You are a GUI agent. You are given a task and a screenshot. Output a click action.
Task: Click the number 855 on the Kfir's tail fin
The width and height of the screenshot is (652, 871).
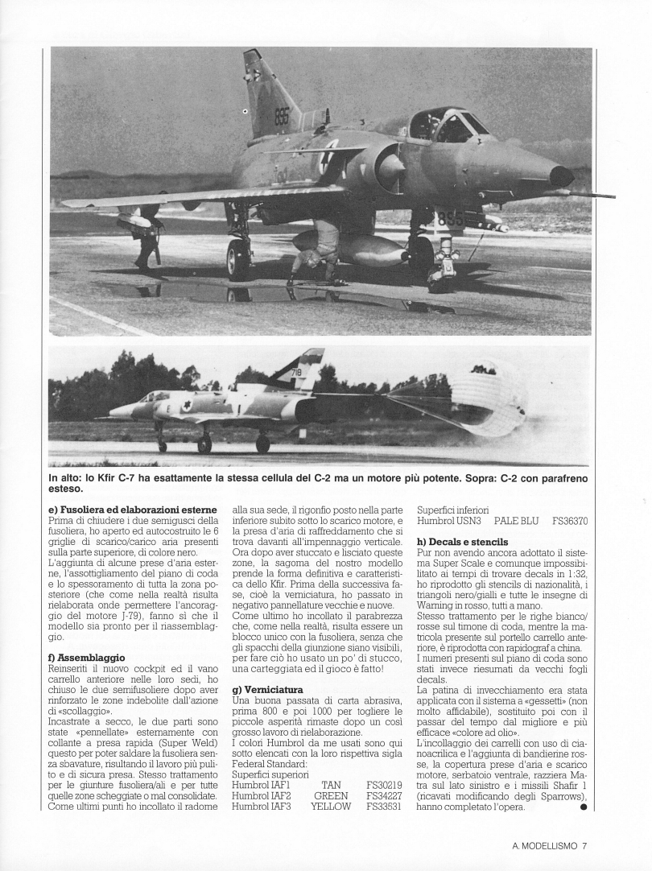(x=281, y=114)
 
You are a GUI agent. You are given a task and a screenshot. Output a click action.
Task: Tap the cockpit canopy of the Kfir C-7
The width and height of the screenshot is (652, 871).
(x=445, y=125)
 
